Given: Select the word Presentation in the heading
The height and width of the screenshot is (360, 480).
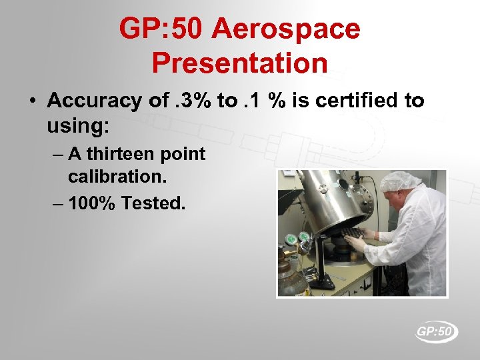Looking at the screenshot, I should click(x=239, y=63).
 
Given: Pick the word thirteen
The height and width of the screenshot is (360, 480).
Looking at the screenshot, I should click(x=123, y=154).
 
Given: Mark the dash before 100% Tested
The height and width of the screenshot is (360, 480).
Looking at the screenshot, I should click(x=57, y=203).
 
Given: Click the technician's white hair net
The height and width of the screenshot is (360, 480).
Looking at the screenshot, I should click(x=400, y=181).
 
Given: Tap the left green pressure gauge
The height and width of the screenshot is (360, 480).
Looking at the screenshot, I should click(x=291, y=238).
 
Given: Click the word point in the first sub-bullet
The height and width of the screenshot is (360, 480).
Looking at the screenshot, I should click(x=184, y=154).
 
